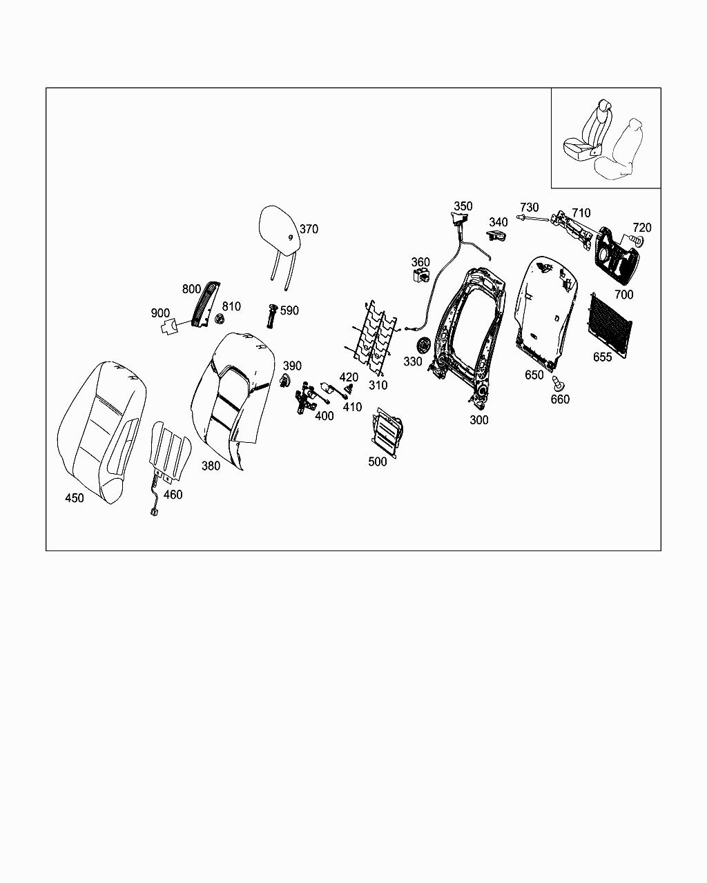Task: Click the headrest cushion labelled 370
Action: point(279,228)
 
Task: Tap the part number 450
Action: point(74,498)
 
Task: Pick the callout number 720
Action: point(642,228)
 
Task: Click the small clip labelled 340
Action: point(496,237)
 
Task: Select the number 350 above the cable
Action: point(463,206)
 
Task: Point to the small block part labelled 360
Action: point(420,277)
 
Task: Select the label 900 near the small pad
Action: point(160,313)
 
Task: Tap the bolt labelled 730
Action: point(532,219)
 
